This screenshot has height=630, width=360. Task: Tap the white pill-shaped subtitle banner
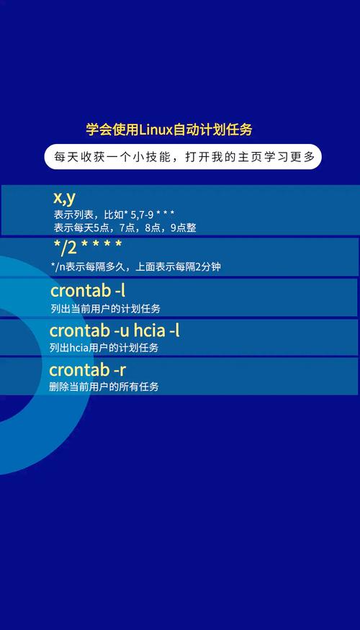(183, 157)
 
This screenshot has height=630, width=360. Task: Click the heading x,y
(64, 198)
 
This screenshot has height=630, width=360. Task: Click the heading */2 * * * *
(87, 248)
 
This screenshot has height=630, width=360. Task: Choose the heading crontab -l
(88, 291)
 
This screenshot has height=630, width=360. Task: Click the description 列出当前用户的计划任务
(105, 308)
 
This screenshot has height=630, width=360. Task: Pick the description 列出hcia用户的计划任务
(104, 347)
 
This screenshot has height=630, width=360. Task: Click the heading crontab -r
(88, 370)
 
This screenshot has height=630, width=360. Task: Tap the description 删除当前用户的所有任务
(104, 387)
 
